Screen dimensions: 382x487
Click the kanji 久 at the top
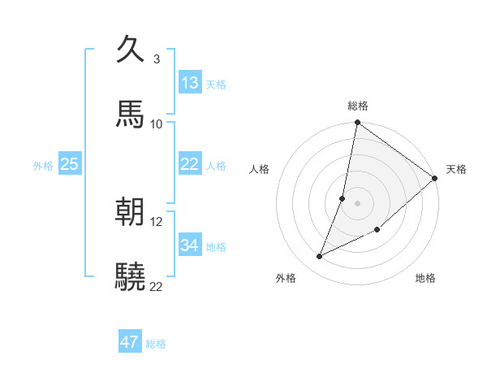click(x=130, y=50)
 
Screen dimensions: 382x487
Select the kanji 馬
click(x=130, y=115)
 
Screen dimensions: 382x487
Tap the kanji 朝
click(x=130, y=212)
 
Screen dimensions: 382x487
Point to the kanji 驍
click(x=130, y=277)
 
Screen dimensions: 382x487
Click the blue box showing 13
click(x=190, y=83)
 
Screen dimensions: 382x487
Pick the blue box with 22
click(x=190, y=164)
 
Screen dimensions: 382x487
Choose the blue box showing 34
click(x=190, y=245)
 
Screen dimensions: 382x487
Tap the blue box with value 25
click(x=69, y=164)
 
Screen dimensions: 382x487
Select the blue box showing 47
click(x=130, y=342)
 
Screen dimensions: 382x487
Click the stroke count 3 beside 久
click(x=157, y=59)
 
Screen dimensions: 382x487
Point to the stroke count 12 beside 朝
click(x=157, y=222)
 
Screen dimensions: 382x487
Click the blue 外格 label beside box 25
click(x=43, y=166)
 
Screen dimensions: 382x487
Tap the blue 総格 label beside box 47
click(x=156, y=344)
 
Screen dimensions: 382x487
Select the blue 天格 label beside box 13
click(x=215, y=85)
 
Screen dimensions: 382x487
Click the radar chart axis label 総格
click(x=358, y=106)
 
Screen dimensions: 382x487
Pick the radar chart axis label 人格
click(x=259, y=169)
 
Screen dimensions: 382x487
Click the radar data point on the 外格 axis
click(x=320, y=257)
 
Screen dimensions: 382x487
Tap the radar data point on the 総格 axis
click(x=357, y=124)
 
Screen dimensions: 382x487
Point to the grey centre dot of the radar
click(x=357, y=202)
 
